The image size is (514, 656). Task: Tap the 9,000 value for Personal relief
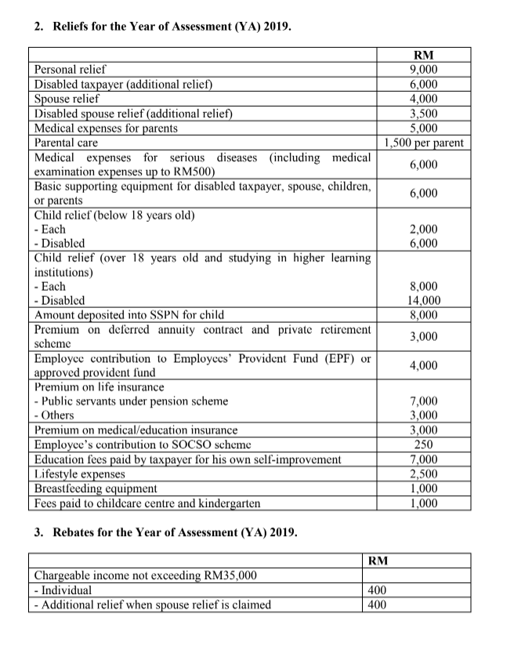click(x=424, y=70)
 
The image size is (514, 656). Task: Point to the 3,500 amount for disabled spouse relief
click(x=424, y=114)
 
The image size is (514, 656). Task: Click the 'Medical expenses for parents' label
click(x=106, y=129)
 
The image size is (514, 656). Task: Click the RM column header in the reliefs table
click(x=424, y=55)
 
